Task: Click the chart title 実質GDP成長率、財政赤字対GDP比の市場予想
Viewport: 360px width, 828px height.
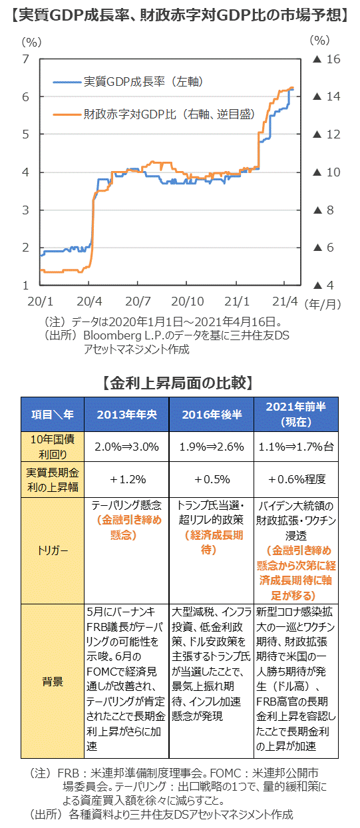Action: point(180,15)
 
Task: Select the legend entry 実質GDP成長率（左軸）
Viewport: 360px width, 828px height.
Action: point(128,82)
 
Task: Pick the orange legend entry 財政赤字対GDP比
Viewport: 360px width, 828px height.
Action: point(154,114)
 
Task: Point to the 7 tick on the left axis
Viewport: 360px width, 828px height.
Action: point(25,59)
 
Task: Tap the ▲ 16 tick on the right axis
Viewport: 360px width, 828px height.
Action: point(326,59)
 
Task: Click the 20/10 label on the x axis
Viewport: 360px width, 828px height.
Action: point(188,302)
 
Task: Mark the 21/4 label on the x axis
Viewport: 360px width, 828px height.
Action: point(285,302)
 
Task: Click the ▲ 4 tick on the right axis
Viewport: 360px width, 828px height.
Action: point(323,285)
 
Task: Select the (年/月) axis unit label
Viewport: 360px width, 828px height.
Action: point(322,304)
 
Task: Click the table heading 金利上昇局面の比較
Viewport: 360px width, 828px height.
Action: point(178,383)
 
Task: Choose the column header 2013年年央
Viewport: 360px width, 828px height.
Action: point(127,415)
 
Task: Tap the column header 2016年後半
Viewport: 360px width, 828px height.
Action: point(212,415)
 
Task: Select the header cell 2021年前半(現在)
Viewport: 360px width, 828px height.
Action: point(296,415)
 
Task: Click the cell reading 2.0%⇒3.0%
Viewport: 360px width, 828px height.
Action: point(127,447)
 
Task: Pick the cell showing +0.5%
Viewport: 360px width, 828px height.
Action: point(212,479)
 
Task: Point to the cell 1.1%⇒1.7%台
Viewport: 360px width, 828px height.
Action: point(296,447)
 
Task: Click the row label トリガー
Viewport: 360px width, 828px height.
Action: point(53,550)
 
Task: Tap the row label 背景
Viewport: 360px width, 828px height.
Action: point(53,682)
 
